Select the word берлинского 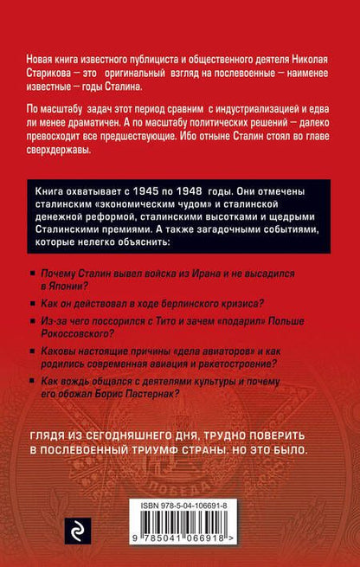(199, 302)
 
